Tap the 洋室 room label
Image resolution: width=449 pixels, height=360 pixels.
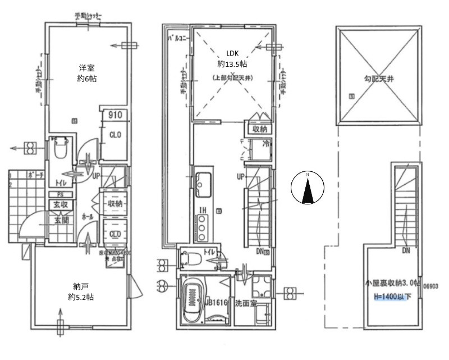coord(86,69)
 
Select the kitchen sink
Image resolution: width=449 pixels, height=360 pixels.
coord(203,182)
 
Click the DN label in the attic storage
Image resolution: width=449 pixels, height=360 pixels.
coord(406,250)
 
